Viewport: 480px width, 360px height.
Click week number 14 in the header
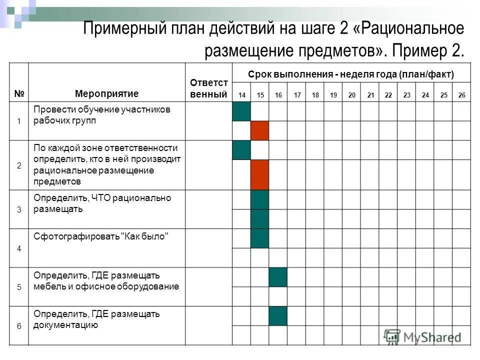[241, 95]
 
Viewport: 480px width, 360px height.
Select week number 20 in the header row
[352, 95]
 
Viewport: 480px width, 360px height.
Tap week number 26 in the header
[461, 95]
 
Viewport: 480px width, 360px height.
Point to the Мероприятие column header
[106, 93]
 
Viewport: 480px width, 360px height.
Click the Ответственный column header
[208, 88]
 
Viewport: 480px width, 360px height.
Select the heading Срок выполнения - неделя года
[351, 74]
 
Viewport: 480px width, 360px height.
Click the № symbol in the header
[19, 93]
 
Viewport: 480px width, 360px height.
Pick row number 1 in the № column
[19, 121]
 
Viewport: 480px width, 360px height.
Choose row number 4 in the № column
[19, 248]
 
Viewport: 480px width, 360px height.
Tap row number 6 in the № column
[19, 326]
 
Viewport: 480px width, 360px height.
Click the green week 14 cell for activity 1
[241, 111]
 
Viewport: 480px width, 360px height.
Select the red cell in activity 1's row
[260, 130]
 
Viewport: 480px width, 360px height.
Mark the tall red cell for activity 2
[260, 175]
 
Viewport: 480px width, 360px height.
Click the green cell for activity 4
[260, 238]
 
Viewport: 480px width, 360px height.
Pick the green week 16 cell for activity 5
[278, 277]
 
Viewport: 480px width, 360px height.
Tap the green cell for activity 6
[278, 316]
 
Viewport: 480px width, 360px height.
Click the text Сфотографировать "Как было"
[100, 236]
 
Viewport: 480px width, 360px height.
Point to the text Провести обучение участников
[102, 109]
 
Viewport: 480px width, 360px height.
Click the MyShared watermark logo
[422, 337]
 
